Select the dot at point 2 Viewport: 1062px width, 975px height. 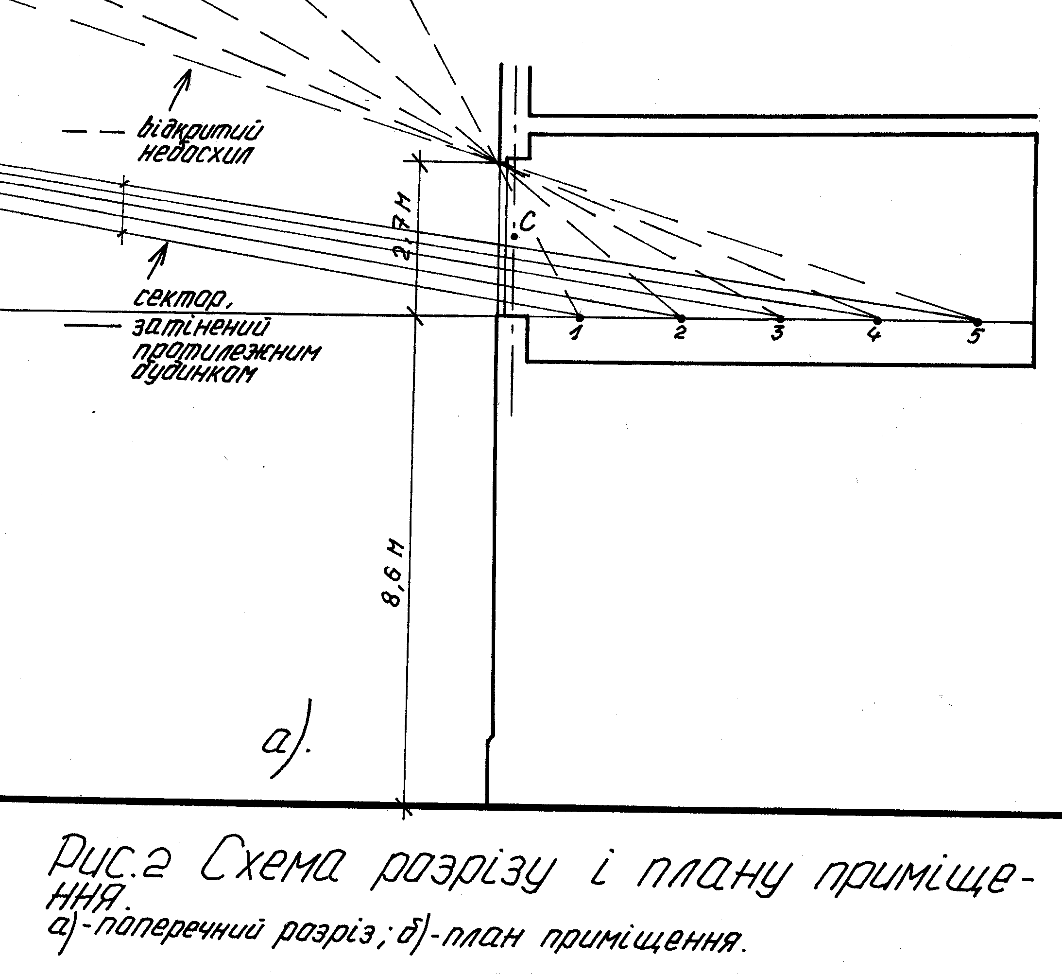[681, 319]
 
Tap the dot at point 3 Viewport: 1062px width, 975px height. [780, 319]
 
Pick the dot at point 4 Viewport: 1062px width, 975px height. [877, 320]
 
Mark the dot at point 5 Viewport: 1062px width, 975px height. [977, 321]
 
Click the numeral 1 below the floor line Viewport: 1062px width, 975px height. [577, 333]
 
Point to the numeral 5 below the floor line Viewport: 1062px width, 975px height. [975, 335]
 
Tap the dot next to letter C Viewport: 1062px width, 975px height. [514, 236]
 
